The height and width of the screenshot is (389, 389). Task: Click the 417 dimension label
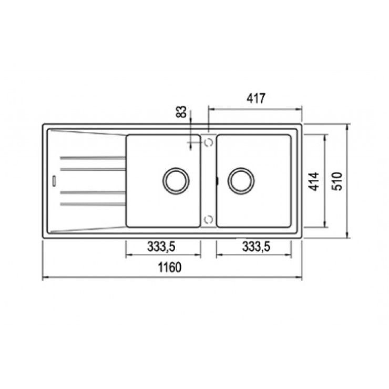(256, 98)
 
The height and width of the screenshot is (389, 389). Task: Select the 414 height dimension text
(314, 181)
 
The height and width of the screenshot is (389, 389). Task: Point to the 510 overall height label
(337, 181)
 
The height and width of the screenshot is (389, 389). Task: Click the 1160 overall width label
(170, 267)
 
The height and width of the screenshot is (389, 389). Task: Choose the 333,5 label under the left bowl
(161, 247)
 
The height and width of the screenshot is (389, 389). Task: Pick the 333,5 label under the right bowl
(257, 247)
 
